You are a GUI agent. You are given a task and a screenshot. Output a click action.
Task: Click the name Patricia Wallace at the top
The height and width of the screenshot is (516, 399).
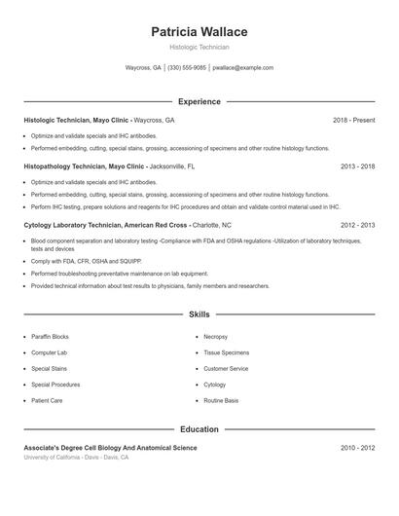(199, 32)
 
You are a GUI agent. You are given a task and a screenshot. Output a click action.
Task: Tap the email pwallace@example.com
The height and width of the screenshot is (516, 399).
(242, 68)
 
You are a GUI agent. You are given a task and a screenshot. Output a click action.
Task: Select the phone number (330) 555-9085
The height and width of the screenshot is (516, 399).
(187, 68)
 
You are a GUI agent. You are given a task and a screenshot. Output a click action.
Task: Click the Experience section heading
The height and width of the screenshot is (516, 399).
(199, 101)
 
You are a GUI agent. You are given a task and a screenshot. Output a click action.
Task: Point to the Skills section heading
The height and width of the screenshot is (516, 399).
(199, 314)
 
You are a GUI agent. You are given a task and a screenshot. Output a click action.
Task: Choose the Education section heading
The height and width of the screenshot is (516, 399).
(199, 428)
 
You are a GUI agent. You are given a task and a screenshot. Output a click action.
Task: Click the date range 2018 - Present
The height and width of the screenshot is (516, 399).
(353, 120)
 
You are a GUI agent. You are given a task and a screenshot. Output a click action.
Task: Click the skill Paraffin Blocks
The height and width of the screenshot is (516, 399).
(50, 336)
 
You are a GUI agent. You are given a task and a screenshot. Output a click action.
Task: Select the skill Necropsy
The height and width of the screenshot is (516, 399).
(215, 336)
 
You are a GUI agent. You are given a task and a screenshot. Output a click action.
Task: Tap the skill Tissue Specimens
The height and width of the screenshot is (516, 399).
(226, 352)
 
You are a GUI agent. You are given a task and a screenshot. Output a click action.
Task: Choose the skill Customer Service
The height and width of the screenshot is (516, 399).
(226, 369)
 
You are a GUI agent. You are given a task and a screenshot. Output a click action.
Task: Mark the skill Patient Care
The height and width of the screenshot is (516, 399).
(47, 400)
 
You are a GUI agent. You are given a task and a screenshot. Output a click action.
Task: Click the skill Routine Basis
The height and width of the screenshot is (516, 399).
(221, 400)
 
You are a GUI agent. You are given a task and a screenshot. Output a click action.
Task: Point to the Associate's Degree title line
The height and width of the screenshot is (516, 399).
(110, 448)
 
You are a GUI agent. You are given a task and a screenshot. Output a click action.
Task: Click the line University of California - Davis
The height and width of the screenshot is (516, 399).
(76, 457)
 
